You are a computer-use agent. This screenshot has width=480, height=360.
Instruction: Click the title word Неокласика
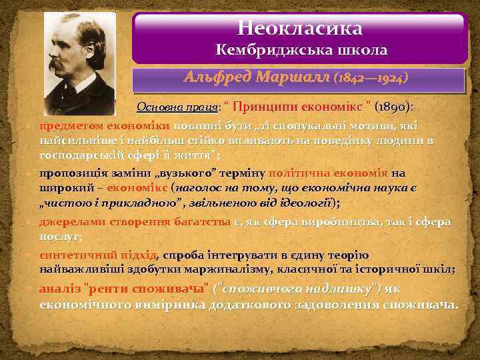300,29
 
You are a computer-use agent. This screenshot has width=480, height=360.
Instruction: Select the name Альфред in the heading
214,78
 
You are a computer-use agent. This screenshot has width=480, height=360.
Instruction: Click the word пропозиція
68,174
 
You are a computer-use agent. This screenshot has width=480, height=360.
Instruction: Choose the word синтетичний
70,255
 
